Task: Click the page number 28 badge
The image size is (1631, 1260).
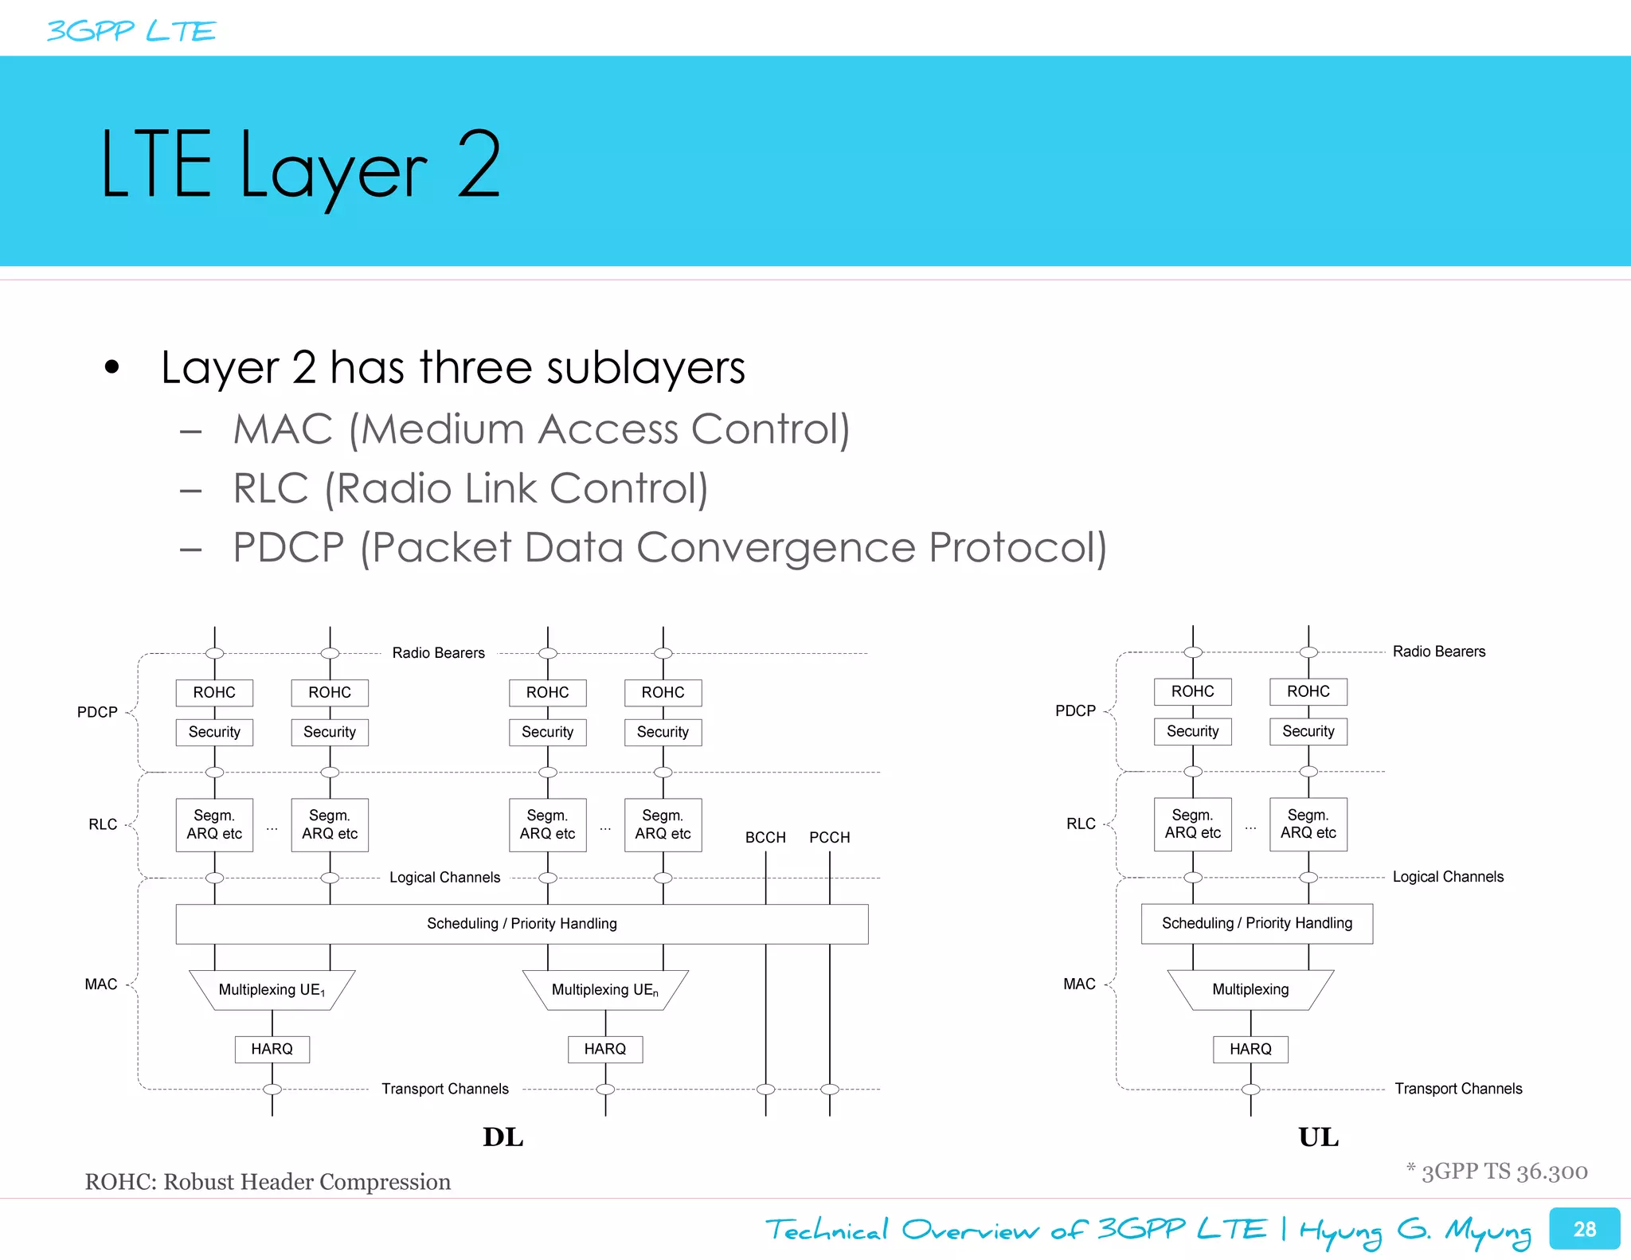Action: [1583, 1229]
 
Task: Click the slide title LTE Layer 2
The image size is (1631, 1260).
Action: [300, 165]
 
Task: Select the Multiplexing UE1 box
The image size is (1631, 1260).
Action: [272, 990]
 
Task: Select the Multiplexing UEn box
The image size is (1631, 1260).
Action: [604, 990]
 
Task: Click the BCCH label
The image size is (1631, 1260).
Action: [765, 837]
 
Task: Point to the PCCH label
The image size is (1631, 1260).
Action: [829, 837]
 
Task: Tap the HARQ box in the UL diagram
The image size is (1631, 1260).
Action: [1250, 1049]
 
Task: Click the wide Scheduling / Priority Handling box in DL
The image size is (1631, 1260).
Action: [522, 924]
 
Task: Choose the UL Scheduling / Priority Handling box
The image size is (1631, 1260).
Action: [1257, 923]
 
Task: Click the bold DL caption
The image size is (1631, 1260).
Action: [503, 1137]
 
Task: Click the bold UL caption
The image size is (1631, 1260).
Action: [1318, 1137]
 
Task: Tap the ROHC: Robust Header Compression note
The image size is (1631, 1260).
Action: [268, 1181]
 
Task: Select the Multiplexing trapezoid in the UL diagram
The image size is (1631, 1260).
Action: [1250, 989]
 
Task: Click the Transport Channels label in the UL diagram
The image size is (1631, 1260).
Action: [1457, 1089]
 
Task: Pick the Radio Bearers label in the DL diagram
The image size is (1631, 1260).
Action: [438, 653]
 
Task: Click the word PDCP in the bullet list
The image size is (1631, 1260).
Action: [288, 548]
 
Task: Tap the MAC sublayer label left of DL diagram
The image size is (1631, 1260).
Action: [101, 984]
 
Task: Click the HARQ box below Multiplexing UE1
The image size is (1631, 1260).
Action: [272, 1049]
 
